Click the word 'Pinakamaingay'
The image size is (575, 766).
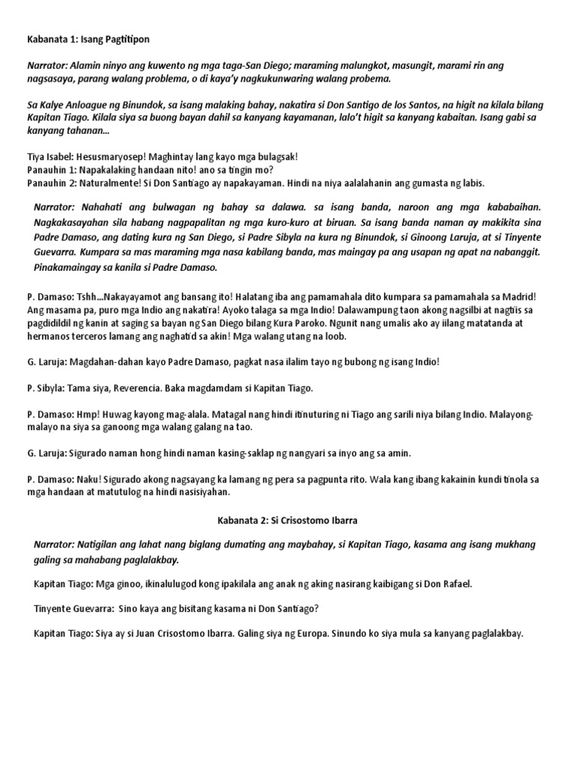pyautogui.click(x=70, y=267)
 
